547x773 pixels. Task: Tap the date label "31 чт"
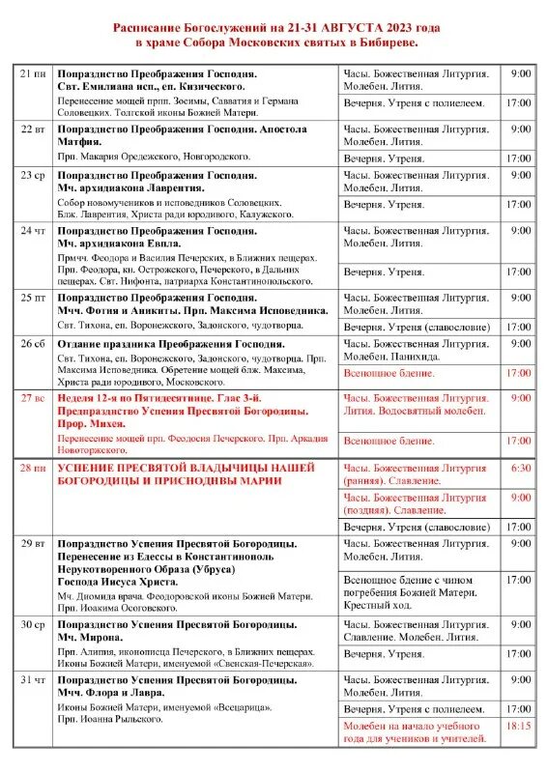click(33, 680)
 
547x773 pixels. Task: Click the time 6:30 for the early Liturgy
click(521, 468)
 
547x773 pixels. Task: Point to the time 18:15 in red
click(519, 726)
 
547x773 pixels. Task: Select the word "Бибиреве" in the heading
click(388, 44)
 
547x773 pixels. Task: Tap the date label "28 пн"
click(33, 468)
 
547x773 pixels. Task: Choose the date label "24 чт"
click(33, 231)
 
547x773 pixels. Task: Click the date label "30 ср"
click(33, 624)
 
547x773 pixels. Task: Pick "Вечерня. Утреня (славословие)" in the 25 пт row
click(417, 327)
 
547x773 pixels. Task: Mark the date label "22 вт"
click(33, 129)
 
